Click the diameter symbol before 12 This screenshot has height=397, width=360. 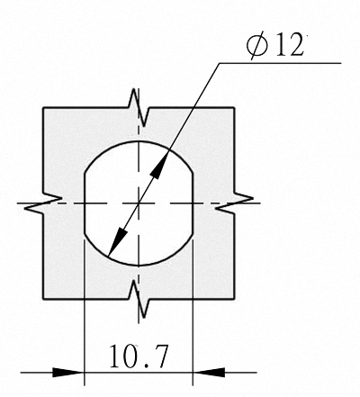256,46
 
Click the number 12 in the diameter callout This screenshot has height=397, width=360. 289,46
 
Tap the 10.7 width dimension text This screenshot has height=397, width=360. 138,356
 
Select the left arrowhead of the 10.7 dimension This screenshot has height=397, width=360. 68,373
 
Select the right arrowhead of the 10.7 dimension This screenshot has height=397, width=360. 209,373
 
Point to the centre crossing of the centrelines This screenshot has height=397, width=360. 139,203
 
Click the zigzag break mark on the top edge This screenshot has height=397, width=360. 139,108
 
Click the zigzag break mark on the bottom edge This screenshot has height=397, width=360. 139,300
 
